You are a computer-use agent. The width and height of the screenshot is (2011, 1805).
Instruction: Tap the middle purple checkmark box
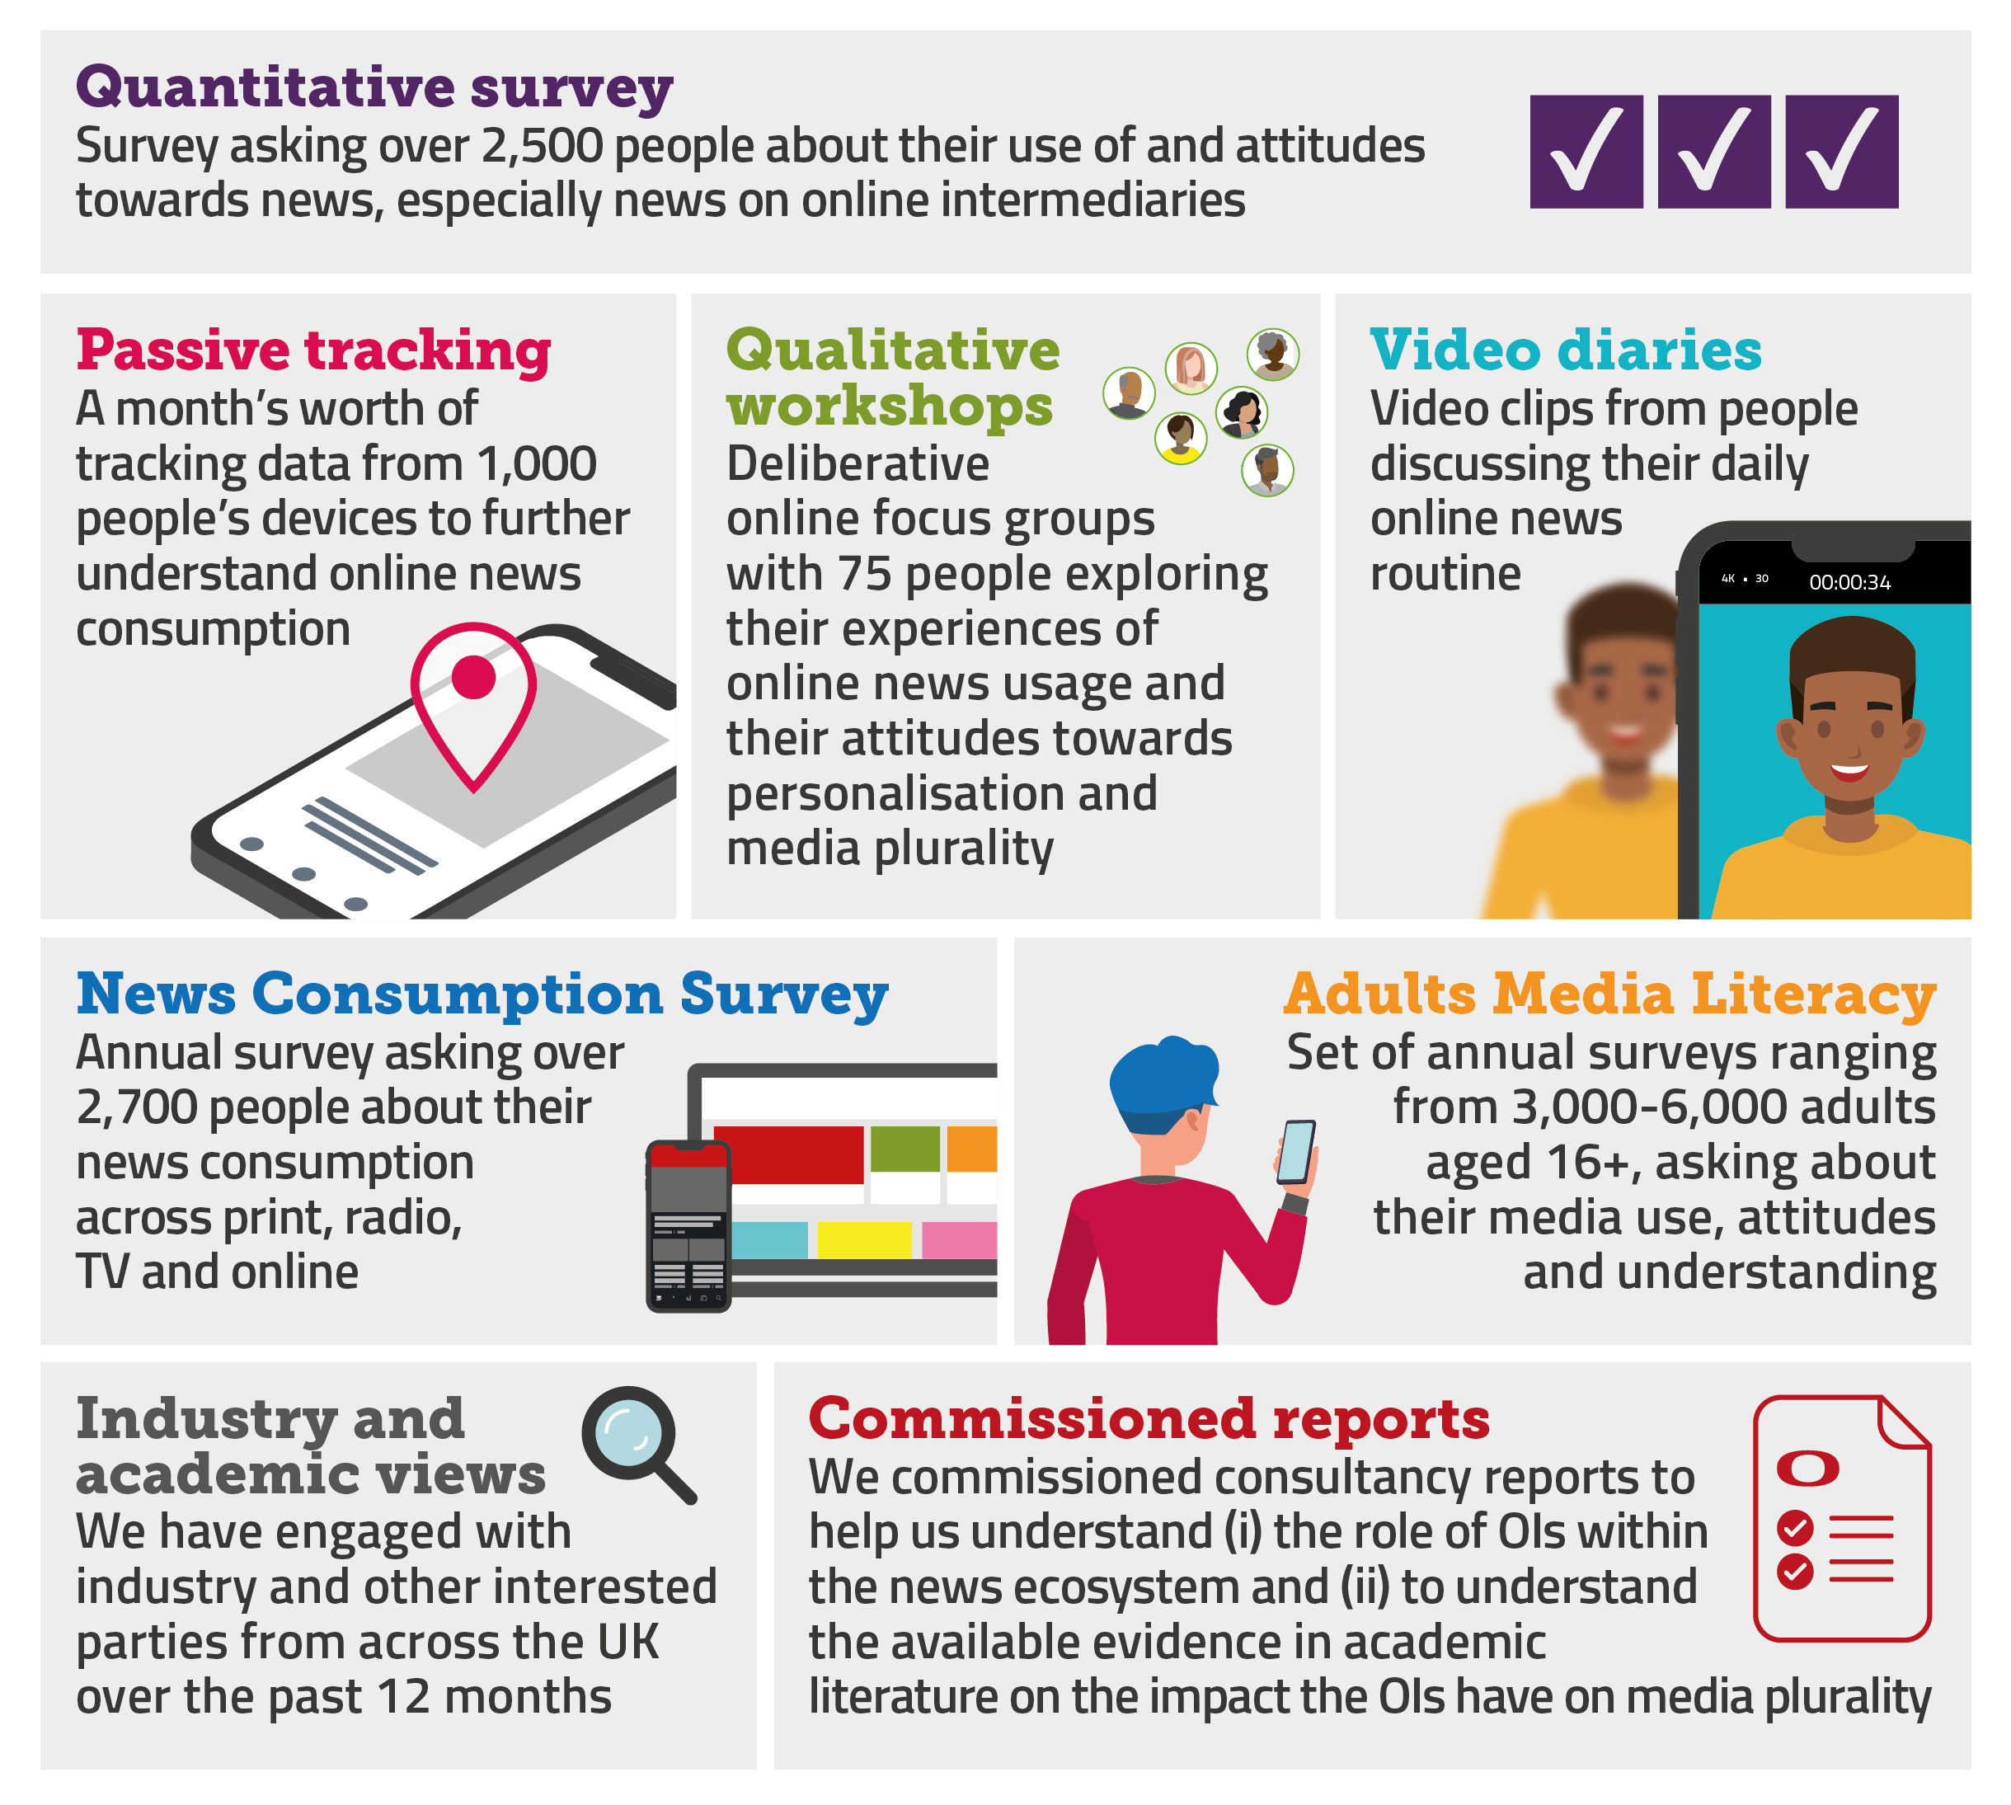coord(1713,152)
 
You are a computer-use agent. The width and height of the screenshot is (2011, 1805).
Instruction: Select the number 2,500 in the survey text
coord(543,146)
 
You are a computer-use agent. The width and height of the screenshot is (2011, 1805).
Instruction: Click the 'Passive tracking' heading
coord(313,350)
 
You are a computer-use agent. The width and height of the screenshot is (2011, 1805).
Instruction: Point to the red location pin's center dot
coord(473,676)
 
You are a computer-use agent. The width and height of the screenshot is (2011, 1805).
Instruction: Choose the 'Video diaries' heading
coord(1566,350)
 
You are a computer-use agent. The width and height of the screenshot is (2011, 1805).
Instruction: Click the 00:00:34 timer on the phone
coord(1849,582)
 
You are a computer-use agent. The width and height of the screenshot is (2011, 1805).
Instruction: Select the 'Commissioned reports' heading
coord(1149,1418)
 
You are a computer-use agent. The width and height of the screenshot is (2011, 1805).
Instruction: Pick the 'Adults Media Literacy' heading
coord(1609,994)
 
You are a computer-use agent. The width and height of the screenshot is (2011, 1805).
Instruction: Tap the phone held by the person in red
coord(1295,1153)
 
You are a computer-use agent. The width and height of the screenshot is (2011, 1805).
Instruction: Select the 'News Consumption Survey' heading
coord(482,994)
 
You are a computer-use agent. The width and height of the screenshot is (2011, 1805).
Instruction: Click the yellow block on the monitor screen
coord(865,1239)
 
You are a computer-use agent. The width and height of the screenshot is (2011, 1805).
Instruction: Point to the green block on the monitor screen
coord(904,1149)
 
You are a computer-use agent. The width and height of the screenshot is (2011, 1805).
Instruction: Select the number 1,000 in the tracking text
coord(537,464)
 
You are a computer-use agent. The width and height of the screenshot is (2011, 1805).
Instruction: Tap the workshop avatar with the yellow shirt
coord(1180,437)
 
